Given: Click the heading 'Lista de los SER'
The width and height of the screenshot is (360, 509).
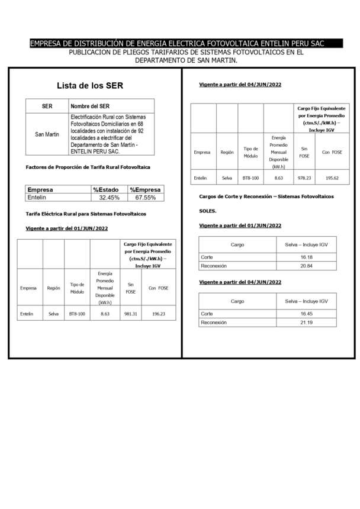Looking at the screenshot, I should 89,86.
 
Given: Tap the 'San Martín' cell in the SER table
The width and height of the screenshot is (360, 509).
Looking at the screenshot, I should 47,134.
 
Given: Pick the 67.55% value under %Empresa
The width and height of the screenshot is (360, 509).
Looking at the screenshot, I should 146,197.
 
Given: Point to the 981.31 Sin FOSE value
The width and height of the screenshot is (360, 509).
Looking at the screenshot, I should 130,314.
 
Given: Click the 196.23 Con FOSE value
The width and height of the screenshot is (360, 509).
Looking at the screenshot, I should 158,314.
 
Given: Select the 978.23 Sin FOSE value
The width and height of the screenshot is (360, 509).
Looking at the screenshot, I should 304,177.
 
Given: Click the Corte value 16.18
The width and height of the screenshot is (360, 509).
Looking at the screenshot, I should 314,257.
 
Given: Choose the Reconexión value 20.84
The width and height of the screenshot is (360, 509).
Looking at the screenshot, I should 314,266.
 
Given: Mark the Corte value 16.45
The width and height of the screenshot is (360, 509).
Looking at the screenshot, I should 314,314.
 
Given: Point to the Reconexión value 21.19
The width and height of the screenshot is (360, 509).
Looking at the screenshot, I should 314,323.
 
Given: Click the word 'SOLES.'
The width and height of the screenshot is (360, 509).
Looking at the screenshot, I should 208,211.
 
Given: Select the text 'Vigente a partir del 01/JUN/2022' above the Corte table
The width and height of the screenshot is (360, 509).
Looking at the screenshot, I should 240,225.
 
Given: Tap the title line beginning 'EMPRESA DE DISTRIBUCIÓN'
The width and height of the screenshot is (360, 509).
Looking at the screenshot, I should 185,43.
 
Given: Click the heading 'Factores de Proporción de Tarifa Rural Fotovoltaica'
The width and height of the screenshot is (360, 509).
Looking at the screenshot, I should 88,167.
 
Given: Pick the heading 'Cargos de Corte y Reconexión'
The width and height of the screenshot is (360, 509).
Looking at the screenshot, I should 266,196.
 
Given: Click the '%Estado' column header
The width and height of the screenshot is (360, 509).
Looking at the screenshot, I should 105,189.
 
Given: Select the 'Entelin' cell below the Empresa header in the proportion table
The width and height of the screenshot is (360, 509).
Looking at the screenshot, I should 37,197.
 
